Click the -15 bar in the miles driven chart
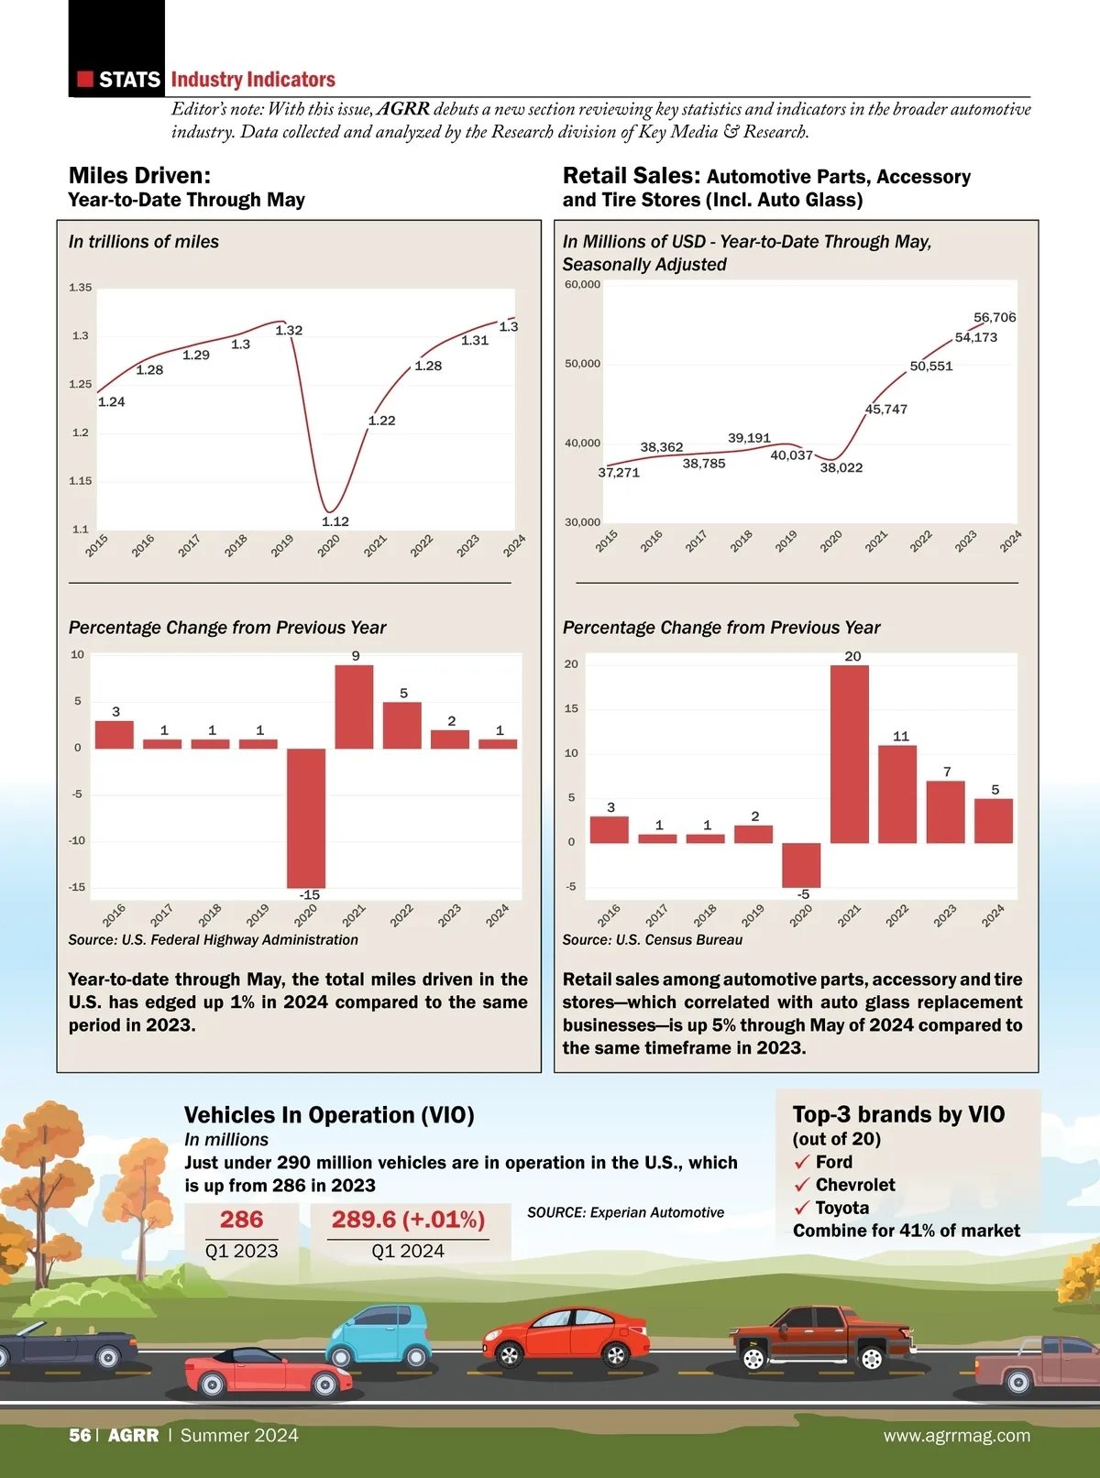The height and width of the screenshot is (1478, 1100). tap(306, 817)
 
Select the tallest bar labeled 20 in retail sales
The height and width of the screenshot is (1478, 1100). tap(850, 753)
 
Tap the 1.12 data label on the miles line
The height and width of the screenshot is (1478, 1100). tap(335, 521)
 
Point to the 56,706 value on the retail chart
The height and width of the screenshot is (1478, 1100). tap(995, 317)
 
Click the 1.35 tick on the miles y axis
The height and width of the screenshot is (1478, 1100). tap(81, 288)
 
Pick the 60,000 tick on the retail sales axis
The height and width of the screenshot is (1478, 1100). tap(582, 284)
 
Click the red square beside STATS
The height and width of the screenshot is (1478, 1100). tap(85, 80)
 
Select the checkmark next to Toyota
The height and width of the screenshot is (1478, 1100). tap(802, 1209)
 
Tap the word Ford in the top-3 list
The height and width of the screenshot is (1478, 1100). tap(834, 1162)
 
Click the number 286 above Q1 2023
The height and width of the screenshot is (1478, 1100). tap(241, 1220)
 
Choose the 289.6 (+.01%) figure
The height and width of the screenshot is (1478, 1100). tap(408, 1220)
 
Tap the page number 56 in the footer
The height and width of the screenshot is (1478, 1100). tap(80, 1436)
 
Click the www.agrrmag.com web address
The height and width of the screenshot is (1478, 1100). tap(956, 1436)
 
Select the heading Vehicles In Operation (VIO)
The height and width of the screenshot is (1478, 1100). tap(329, 1115)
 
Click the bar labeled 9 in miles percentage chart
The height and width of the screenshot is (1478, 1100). tap(354, 706)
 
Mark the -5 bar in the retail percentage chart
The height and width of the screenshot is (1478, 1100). tap(801, 864)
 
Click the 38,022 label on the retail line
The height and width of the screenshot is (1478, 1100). tap(841, 467)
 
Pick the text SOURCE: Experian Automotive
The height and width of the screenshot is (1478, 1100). tap(625, 1212)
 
